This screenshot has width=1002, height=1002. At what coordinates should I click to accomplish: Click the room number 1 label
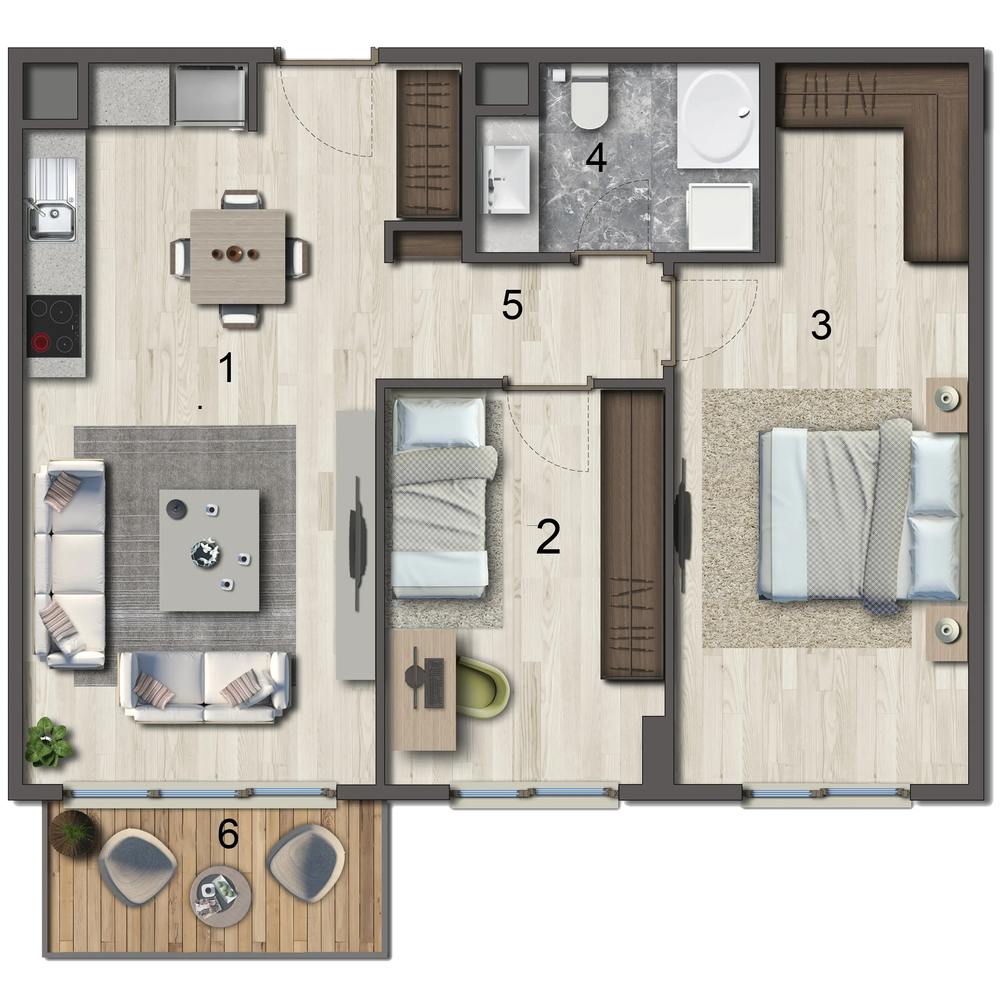227,368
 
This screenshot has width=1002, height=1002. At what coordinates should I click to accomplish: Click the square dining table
238,256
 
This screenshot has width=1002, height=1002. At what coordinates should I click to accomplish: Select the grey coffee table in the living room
209,550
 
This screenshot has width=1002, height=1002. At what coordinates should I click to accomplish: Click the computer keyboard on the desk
434,682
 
